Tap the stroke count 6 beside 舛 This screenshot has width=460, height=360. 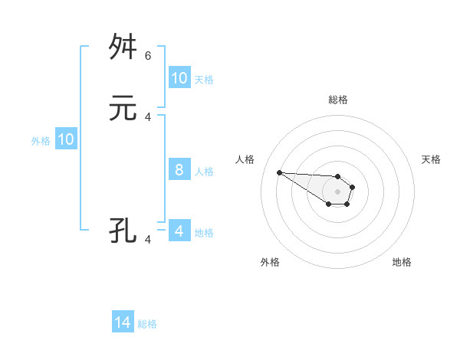(x=148, y=55)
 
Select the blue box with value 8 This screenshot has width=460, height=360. (x=179, y=170)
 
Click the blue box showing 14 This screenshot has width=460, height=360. (x=123, y=323)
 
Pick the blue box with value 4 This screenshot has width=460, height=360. (x=179, y=231)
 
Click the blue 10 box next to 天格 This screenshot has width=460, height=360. (x=179, y=78)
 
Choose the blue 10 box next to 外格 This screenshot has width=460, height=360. (x=66, y=139)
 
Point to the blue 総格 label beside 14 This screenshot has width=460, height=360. (x=147, y=324)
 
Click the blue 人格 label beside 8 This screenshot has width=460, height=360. (x=204, y=171)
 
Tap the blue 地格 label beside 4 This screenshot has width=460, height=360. (x=204, y=232)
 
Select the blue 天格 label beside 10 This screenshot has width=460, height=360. (x=204, y=79)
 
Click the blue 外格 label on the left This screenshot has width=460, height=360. (x=41, y=140)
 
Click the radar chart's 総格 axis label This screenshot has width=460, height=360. (x=338, y=100)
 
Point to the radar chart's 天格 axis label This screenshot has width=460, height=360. (x=431, y=159)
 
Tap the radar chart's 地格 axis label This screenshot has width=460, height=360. (x=402, y=262)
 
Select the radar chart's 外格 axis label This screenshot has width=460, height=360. (x=270, y=262)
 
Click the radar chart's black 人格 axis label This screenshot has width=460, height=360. (x=245, y=159)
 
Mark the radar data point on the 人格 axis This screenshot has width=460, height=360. (x=279, y=172)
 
